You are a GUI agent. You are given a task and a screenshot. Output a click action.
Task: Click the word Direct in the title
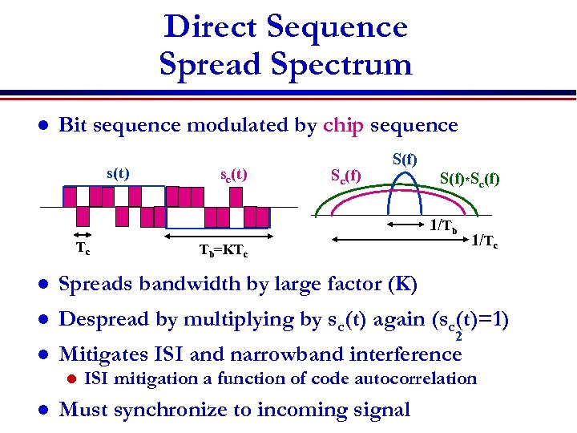click(211, 27)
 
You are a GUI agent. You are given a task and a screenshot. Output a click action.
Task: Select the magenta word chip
click(344, 126)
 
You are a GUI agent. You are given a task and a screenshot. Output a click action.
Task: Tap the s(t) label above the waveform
click(118, 173)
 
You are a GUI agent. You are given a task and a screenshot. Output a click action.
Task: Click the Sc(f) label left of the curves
click(345, 174)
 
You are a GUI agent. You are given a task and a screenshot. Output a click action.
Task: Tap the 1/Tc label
click(486, 239)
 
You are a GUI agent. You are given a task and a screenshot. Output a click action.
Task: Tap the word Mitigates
click(105, 354)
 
